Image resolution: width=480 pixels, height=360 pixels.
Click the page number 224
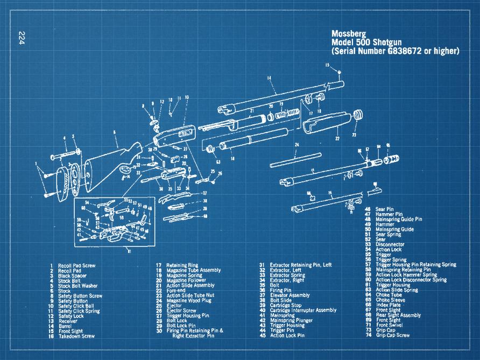(x=22, y=38)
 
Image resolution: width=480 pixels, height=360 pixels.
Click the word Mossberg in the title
(x=350, y=33)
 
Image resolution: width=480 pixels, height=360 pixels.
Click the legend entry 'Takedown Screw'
(x=76, y=336)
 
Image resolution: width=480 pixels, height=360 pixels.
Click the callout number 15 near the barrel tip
(x=327, y=65)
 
